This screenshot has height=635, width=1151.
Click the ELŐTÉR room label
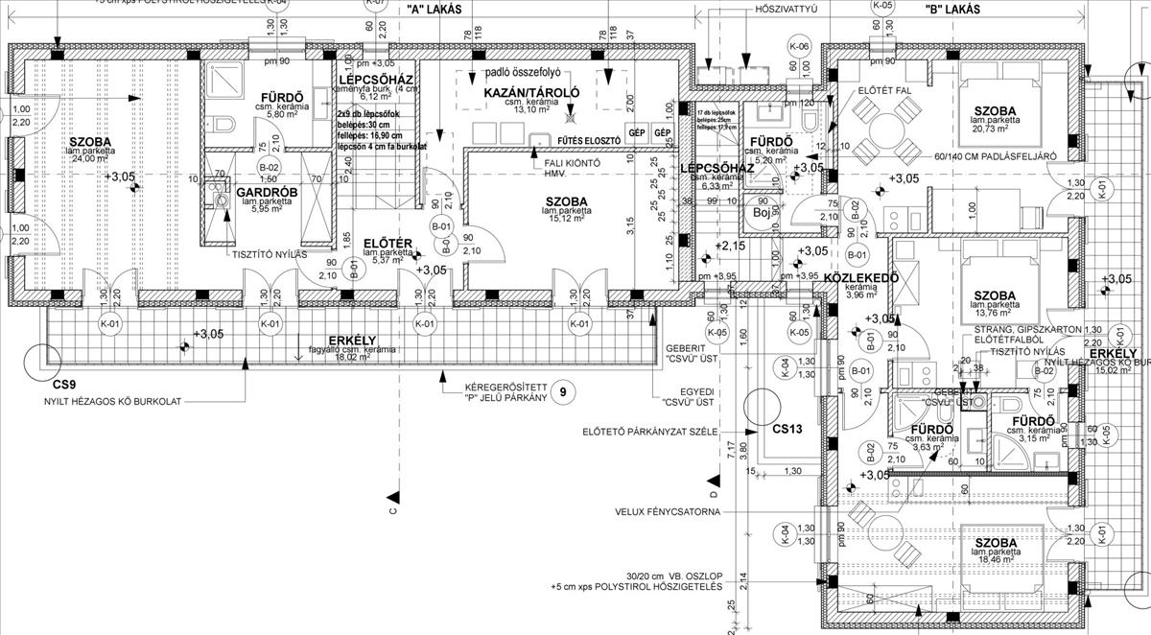(x=388, y=244)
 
